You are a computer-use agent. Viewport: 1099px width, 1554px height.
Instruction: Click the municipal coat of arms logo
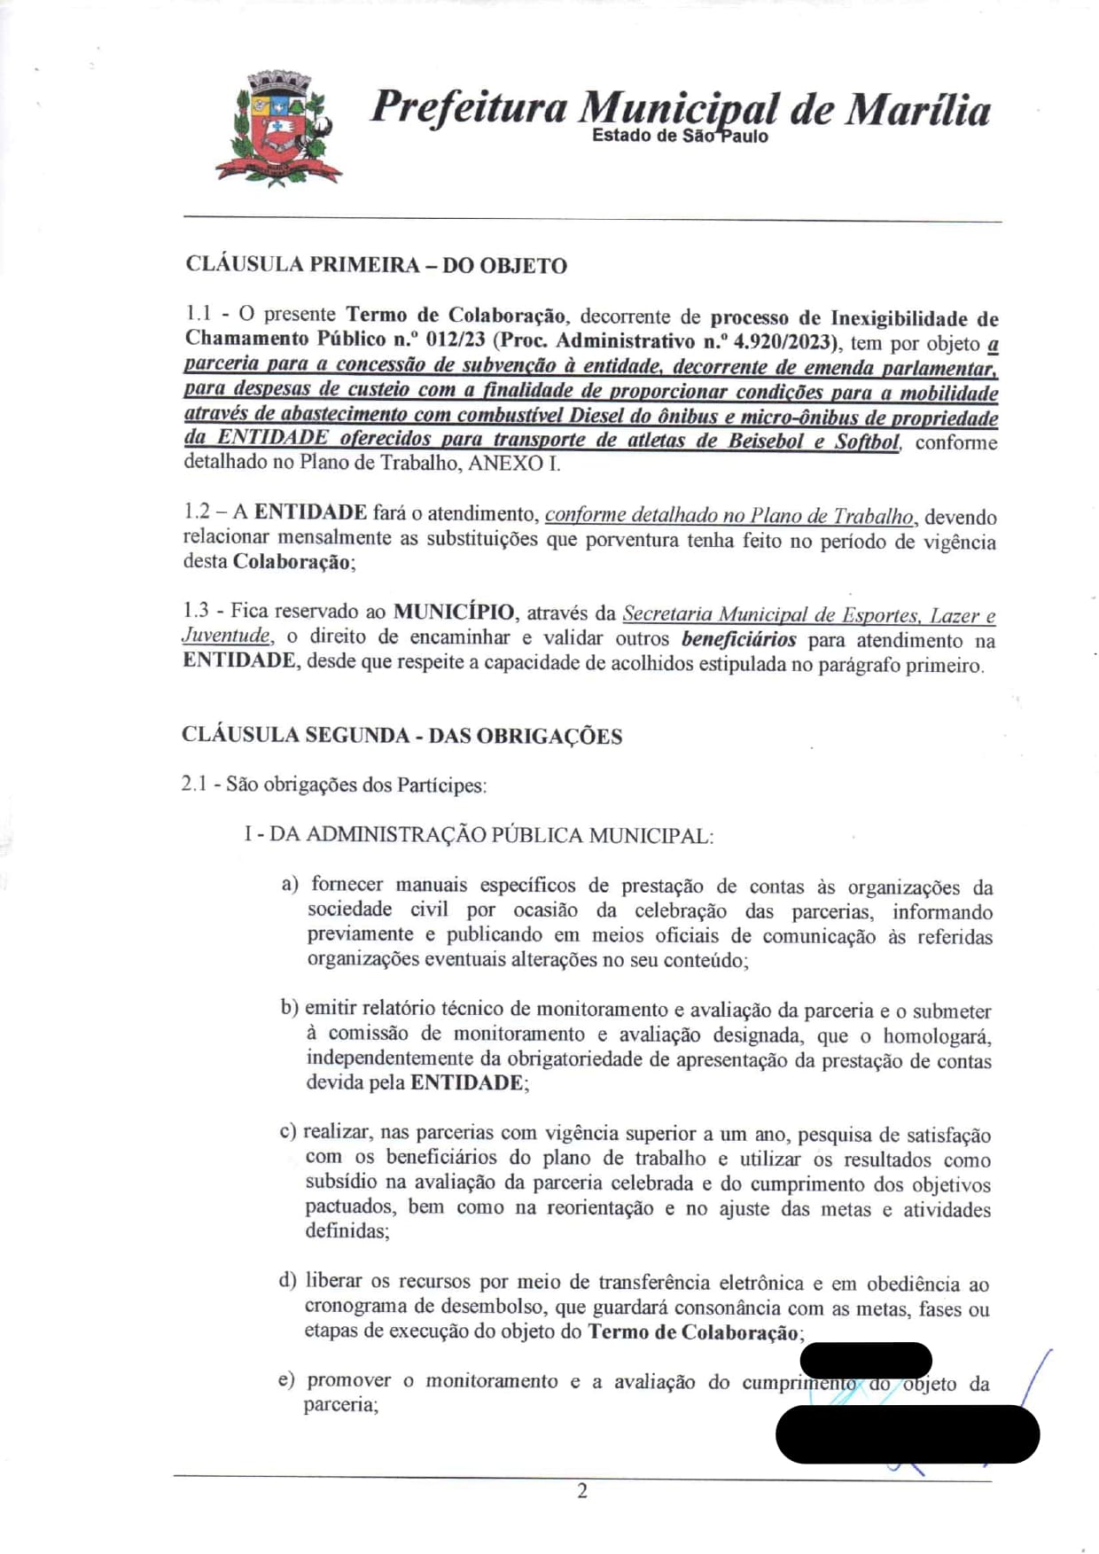coord(278,128)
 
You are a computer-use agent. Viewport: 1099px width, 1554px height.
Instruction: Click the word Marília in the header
coord(916,110)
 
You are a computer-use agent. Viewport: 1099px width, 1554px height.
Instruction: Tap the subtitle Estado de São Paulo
coord(680,136)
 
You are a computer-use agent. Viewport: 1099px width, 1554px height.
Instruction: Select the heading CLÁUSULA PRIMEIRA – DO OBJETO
coord(376,265)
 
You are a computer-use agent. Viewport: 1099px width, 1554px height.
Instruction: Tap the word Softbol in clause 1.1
coord(866,441)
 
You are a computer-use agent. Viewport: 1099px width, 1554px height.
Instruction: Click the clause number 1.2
coord(198,511)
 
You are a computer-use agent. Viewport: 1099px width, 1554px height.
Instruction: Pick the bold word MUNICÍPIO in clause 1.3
coord(453,612)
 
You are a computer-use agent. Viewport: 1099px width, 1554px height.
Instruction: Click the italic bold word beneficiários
coord(738,639)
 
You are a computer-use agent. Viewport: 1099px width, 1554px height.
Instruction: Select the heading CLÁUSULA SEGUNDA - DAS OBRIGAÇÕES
coord(401,736)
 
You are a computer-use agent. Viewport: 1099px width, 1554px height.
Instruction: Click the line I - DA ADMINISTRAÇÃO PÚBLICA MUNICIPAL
coord(479,835)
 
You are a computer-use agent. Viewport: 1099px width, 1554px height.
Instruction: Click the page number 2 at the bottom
coord(582,1491)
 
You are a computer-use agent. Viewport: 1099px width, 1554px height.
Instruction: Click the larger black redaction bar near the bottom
coord(907,1433)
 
